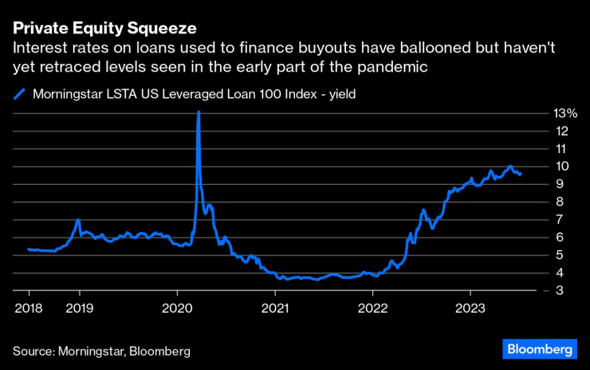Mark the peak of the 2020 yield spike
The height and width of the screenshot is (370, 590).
pyautogui.click(x=198, y=112)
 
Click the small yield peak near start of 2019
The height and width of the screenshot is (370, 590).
pyautogui.click(x=78, y=219)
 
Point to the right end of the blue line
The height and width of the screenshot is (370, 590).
pyautogui.click(x=521, y=174)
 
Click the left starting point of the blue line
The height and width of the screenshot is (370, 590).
pyautogui.click(x=29, y=250)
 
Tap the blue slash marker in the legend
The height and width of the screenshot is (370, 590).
pyautogui.click(x=21, y=94)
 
